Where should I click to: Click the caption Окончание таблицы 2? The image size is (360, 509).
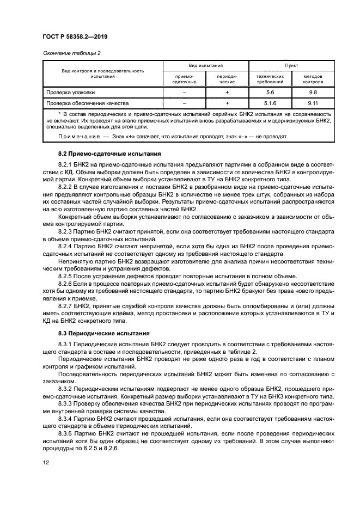pyautogui.click(x=71, y=53)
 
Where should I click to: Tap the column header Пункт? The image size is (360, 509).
pyautogui.click(x=291, y=65)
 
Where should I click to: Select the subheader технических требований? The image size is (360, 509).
pyautogui.click(x=270, y=79)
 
